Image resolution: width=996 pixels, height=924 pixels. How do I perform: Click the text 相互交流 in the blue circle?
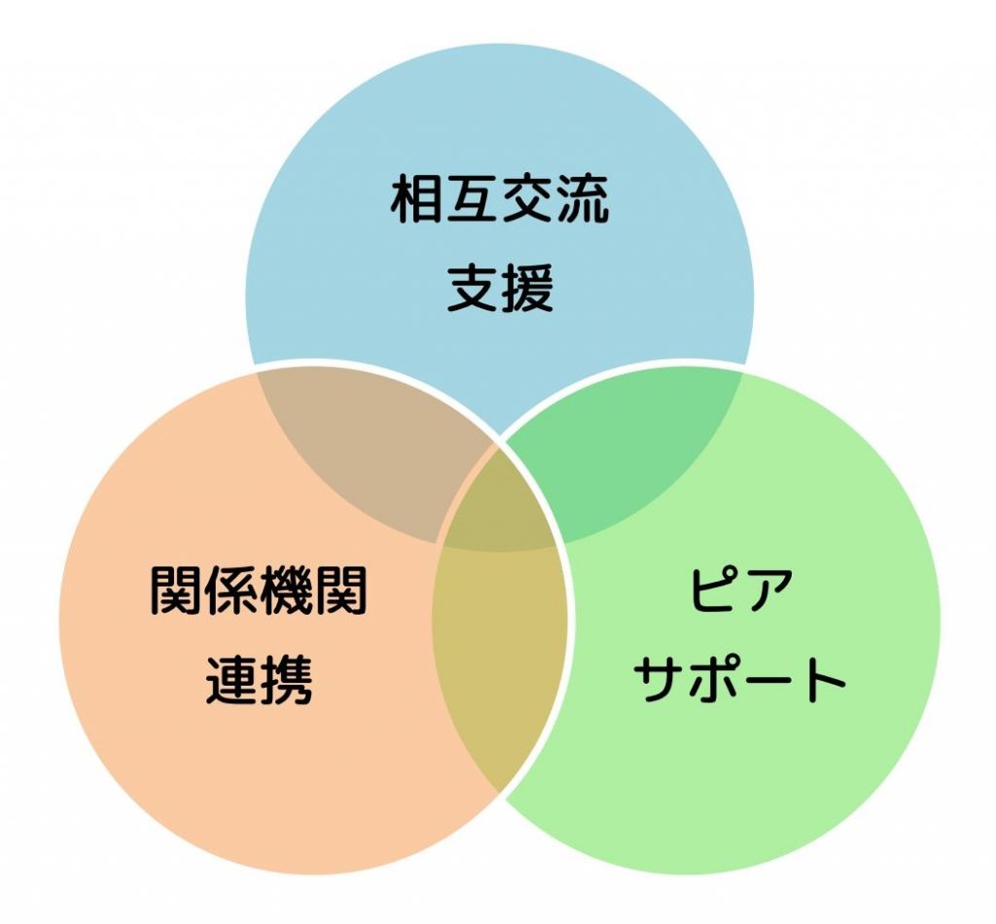(500, 198)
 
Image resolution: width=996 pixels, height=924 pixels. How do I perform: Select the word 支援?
(500, 287)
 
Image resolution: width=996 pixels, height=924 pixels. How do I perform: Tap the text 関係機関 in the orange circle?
(259, 590)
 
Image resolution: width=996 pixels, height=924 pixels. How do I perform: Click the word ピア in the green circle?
(740, 590)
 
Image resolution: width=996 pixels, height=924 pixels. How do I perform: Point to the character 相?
(416, 198)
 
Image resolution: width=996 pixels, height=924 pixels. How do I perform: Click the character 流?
(584, 198)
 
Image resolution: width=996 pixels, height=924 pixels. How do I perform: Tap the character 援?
(528, 287)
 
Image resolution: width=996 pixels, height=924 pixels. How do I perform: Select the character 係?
(231, 590)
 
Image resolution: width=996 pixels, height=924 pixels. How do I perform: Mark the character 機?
(287, 590)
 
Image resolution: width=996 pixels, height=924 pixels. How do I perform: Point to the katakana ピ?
(714, 590)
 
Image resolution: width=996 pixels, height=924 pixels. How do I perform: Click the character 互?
(472, 198)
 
